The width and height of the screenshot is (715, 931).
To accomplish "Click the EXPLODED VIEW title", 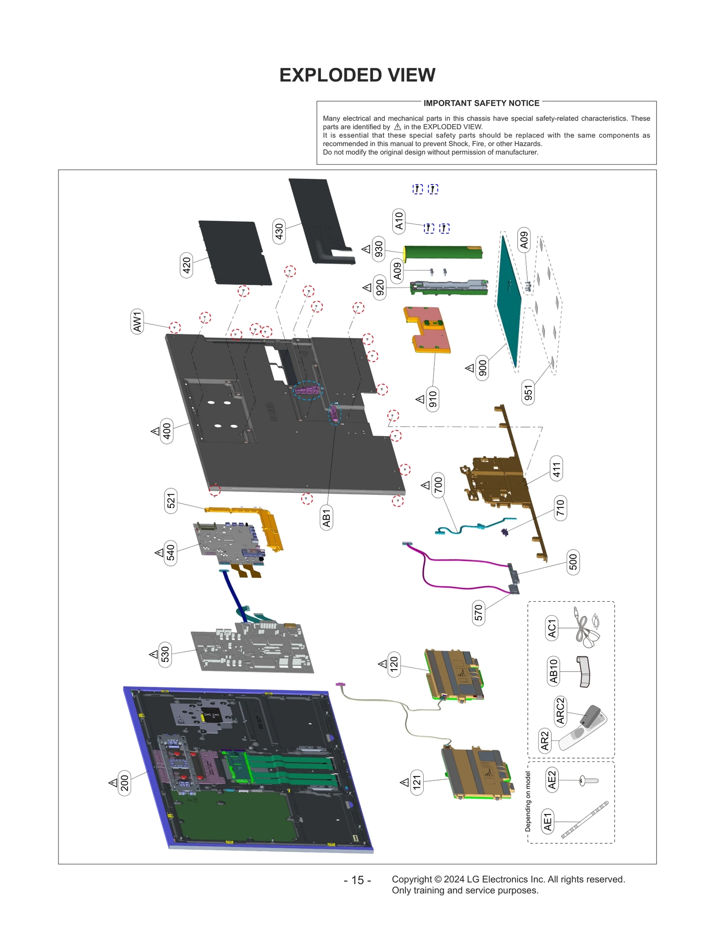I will point(357,75).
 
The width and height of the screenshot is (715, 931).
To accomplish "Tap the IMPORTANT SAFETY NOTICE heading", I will point(481,103).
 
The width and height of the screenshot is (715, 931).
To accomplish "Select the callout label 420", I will point(186,265).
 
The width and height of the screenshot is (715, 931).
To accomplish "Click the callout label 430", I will point(279,231).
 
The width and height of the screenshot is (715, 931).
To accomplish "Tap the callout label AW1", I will point(137,321).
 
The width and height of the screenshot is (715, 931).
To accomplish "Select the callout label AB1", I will point(326,518).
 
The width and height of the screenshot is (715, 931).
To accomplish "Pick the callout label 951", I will point(528,393).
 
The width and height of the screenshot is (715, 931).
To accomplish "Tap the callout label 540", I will point(170,553).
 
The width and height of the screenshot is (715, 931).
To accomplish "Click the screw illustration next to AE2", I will point(588,781).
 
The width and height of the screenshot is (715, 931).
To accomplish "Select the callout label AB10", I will point(553,671).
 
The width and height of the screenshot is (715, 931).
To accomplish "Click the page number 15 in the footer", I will point(357,880).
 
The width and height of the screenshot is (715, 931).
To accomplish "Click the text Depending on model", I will point(528,801).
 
